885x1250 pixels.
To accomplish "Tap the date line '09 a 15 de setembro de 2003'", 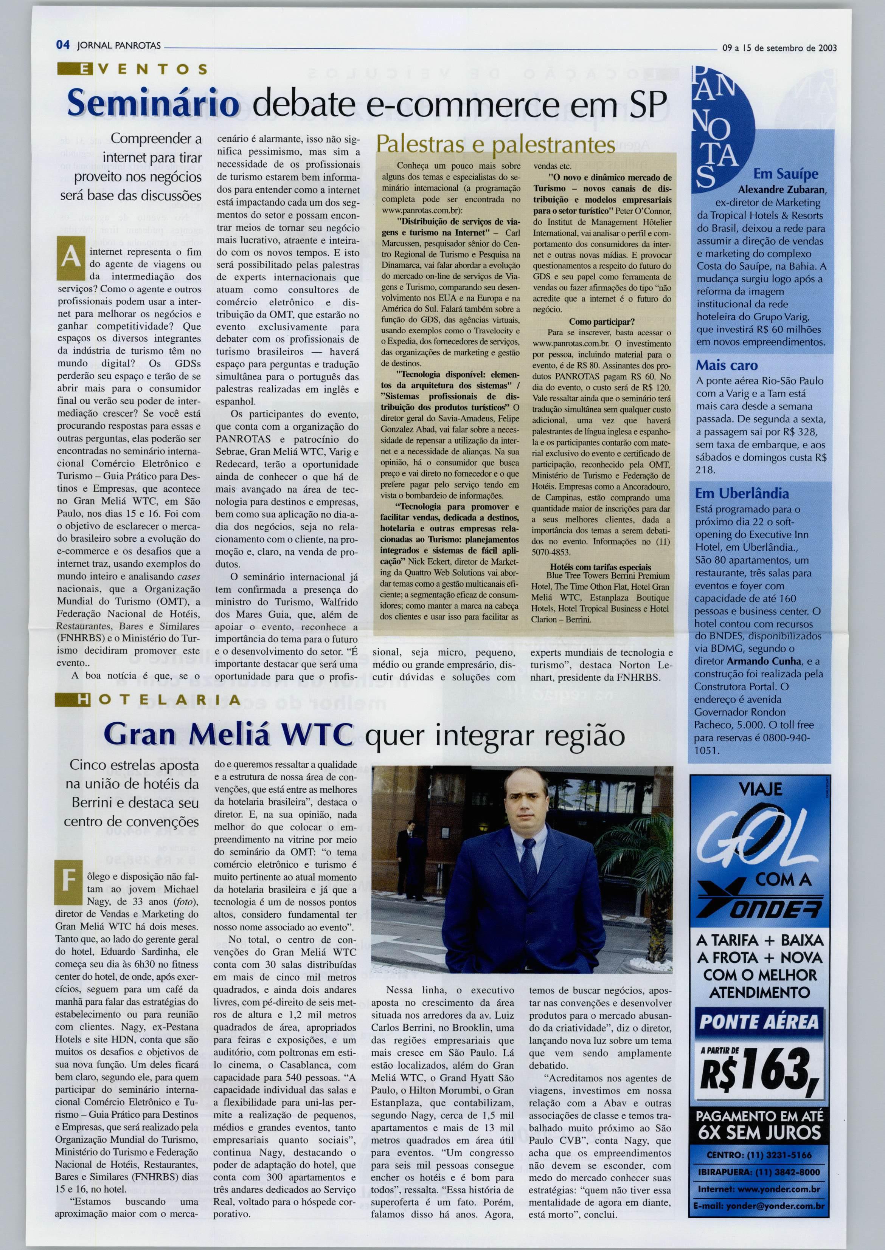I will pos(779,48).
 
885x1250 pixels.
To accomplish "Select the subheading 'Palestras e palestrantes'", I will pos(495,144).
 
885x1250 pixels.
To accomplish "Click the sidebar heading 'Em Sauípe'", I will pos(785,174).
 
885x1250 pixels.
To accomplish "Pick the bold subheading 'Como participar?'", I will pos(602,322).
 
